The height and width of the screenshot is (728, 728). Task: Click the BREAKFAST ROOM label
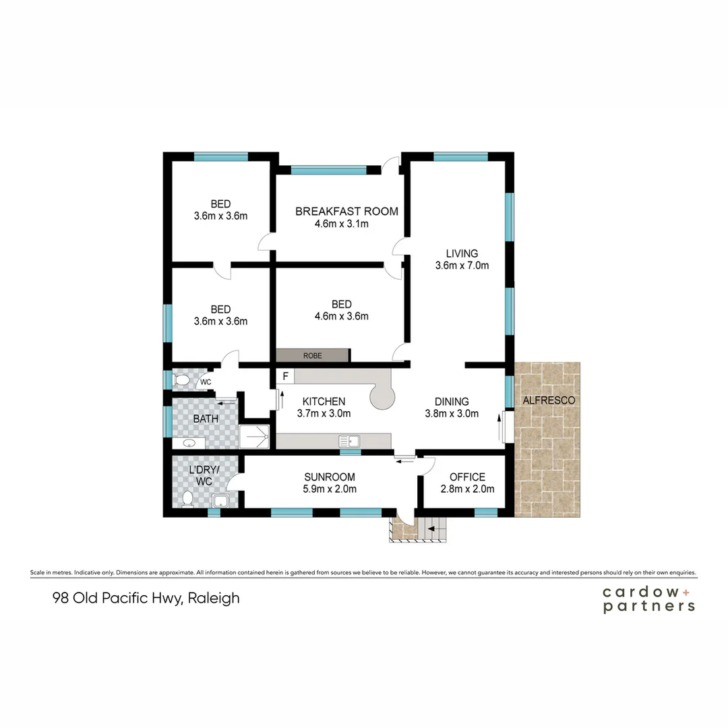[x=346, y=211]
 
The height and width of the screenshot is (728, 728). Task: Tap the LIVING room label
[x=462, y=253]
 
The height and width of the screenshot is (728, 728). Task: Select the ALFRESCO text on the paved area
[x=549, y=400]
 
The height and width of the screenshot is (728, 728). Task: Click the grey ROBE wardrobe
[x=313, y=355]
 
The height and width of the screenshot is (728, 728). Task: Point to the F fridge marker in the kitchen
[x=286, y=375]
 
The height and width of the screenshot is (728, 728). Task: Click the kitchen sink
[x=350, y=442]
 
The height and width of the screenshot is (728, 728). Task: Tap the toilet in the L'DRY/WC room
[x=188, y=497]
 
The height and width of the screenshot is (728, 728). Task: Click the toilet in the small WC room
[x=181, y=381]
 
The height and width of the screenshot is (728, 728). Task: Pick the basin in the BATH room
[x=188, y=443]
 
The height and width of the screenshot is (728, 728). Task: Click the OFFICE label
[x=467, y=477]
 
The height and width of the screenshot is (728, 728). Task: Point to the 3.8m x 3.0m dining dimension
[x=452, y=414]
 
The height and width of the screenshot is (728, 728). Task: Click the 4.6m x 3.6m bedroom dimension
[x=342, y=316]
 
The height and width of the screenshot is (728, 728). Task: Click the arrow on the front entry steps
[x=431, y=530]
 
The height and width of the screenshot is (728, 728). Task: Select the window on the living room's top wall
[x=460, y=157]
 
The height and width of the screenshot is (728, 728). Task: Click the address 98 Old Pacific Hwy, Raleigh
[x=146, y=598]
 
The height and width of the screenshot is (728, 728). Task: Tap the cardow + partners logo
[x=648, y=599]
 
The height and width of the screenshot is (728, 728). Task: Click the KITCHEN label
[x=324, y=401]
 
